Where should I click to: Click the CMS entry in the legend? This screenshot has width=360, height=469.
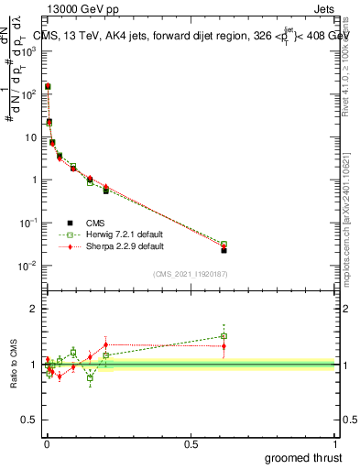point(94,222)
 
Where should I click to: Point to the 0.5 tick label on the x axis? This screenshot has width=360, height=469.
point(191,442)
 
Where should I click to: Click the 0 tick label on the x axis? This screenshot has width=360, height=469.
point(46,442)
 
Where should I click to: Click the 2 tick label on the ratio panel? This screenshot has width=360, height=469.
point(35,309)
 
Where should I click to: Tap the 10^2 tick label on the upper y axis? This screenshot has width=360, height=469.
point(28,94)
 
